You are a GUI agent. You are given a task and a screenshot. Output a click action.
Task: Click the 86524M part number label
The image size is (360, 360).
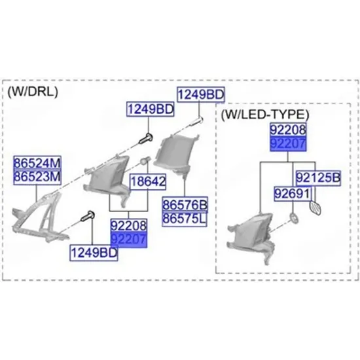37,163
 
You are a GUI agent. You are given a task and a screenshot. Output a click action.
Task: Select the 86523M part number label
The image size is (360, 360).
37,177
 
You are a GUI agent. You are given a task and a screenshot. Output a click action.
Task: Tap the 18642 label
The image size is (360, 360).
148,181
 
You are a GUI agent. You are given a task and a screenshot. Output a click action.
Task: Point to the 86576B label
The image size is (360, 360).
185,204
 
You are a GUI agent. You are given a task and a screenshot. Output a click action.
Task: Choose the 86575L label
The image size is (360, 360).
185,219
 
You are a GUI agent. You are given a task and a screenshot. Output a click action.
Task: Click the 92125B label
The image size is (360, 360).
318,178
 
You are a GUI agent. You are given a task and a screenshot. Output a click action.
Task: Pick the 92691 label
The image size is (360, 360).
293,194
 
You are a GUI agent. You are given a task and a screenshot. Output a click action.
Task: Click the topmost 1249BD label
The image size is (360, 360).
201,94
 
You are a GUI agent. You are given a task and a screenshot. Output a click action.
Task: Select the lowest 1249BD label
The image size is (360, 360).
94,253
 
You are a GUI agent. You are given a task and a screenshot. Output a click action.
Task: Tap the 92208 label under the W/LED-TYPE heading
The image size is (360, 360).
288,130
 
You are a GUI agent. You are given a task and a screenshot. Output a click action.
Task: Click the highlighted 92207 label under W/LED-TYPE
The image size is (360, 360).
288,144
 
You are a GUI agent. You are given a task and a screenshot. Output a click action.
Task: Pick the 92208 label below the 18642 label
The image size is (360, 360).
128,225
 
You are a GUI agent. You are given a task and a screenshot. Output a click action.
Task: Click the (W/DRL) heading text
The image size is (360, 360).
33,92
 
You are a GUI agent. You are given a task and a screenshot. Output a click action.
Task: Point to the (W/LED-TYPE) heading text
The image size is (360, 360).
265,114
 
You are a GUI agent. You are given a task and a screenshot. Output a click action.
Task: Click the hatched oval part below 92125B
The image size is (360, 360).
315,208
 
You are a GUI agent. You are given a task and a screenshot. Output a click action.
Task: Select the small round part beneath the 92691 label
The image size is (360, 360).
294,219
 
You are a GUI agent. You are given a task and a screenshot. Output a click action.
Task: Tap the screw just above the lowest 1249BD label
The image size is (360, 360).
88,216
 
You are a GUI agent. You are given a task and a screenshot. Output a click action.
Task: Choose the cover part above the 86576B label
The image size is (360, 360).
176,154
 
